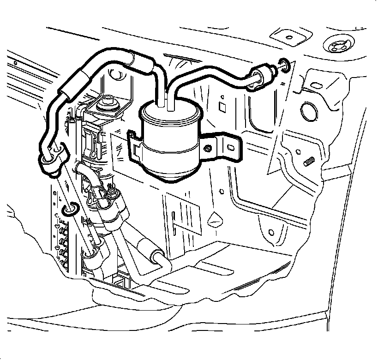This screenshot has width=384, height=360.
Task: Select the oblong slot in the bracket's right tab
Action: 229,147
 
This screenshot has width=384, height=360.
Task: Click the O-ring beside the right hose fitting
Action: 284,66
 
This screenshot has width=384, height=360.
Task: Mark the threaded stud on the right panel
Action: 309,162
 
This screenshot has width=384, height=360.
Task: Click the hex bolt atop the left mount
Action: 109,100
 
